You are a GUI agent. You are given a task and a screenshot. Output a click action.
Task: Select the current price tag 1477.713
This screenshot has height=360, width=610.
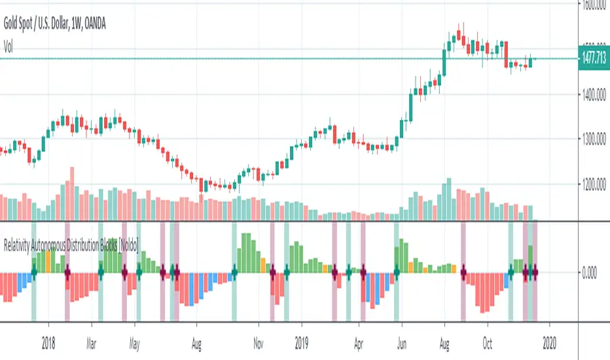[594, 59]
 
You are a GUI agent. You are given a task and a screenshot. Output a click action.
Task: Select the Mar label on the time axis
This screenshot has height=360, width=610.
[96, 341]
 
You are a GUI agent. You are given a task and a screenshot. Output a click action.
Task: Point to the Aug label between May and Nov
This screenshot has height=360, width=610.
[196, 341]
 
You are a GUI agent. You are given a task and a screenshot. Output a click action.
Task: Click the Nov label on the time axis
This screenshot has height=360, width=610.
[258, 341]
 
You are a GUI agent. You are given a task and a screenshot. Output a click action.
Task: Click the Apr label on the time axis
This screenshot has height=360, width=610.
[359, 341]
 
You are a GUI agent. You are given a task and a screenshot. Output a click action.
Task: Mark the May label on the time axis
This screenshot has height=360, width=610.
[135, 341]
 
